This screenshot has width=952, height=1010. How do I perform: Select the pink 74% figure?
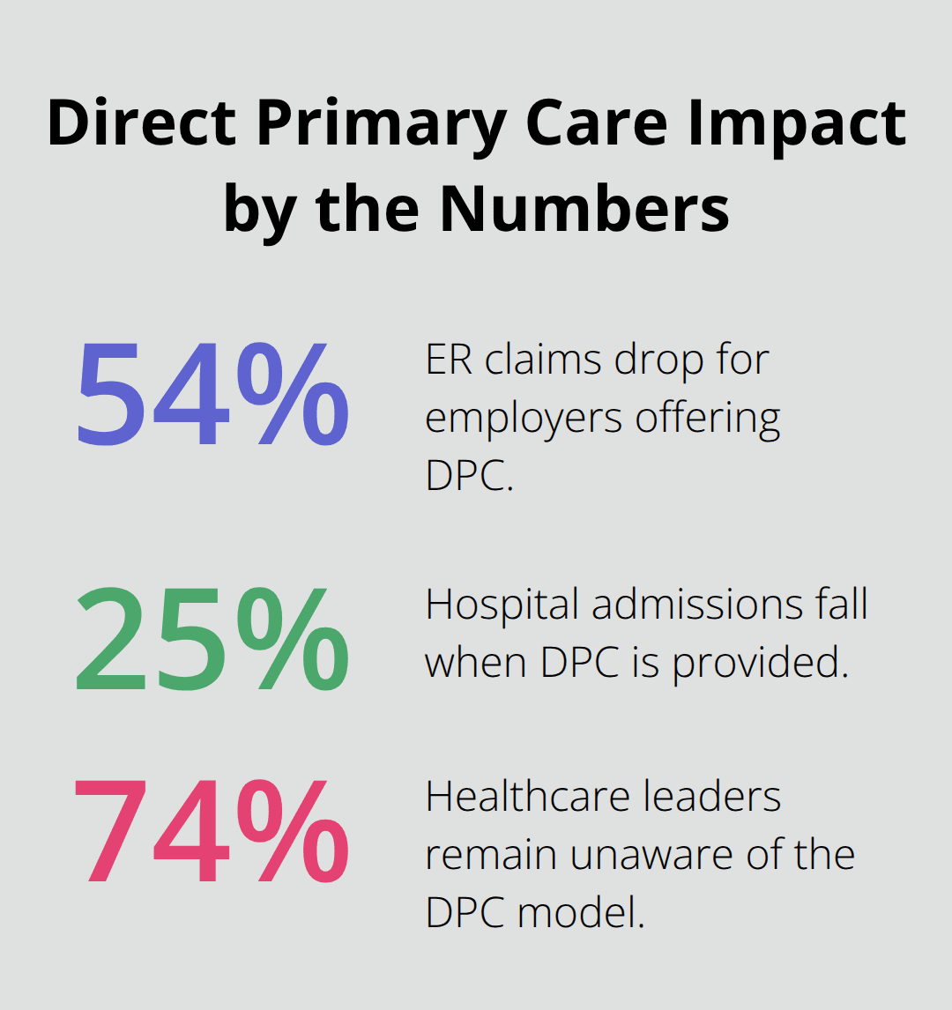pyautogui.click(x=212, y=833)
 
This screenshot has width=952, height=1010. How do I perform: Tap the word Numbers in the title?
pyautogui.click(x=584, y=208)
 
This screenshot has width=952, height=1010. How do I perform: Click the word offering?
pyautogui.click(x=714, y=419)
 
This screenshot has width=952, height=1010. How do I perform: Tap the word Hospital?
pyautogui.click(x=502, y=605)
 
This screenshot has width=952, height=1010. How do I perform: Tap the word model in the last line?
pyautogui.click(x=582, y=912)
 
